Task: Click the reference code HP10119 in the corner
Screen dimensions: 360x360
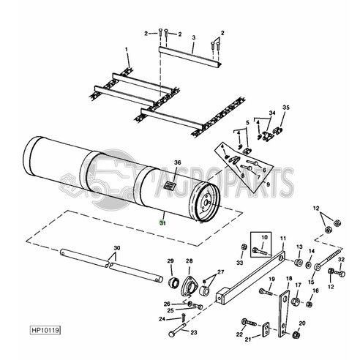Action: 45,330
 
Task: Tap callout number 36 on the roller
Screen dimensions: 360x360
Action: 176,162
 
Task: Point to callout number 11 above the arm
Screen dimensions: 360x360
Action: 282,239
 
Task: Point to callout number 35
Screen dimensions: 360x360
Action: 286,108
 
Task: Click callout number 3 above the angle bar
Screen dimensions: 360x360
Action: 193,37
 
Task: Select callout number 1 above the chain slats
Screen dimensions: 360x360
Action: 127,48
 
